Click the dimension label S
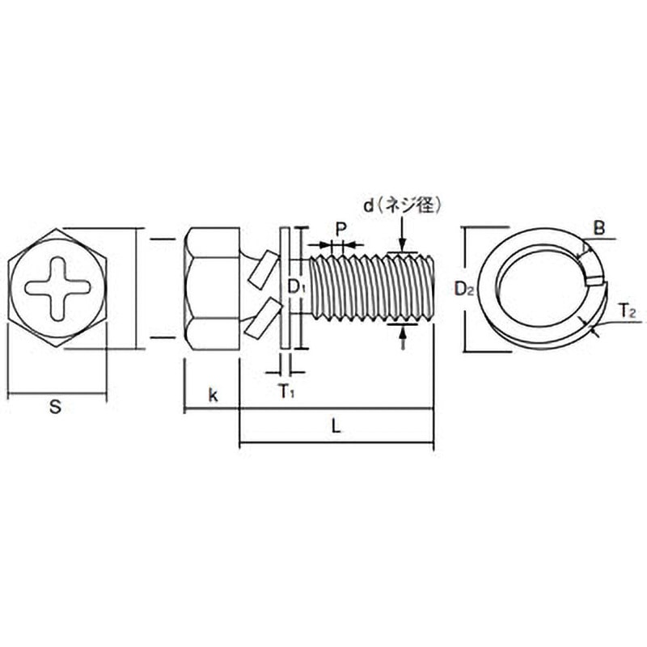[55, 407]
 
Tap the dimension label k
[213, 395]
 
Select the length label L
[336, 426]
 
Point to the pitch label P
[340, 229]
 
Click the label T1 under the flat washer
[286, 391]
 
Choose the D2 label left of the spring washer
[463, 289]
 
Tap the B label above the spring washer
[599, 228]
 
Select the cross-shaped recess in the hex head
[57, 288]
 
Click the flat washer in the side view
[285, 288]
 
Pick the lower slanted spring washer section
[264, 318]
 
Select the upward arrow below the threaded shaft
[403, 336]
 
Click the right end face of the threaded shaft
[431, 287]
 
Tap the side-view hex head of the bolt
[212, 288]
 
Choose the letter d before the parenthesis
[368, 205]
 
